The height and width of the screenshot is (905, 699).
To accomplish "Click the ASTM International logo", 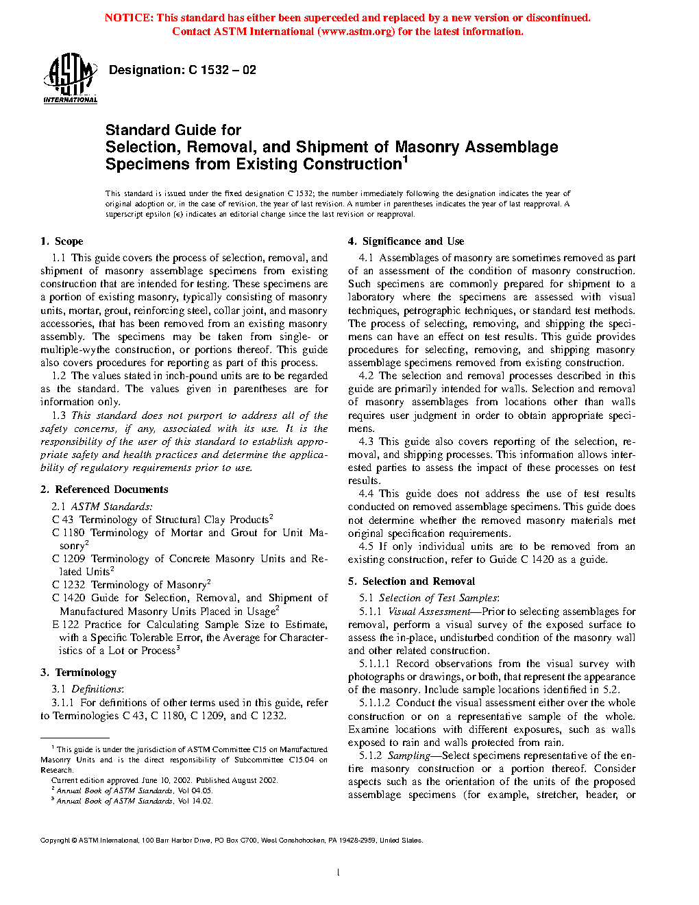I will pyautogui.click(x=70, y=78).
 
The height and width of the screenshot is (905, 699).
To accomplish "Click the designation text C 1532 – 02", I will pyautogui.click(x=222, y=70).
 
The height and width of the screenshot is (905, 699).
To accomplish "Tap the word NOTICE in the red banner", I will pyautogui.click(x=128, y=18).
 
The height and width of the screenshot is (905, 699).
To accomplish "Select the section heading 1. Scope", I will pyautogui.click(x=62, y=241).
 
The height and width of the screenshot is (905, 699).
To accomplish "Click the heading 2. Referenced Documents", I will pyautogui.click(x=104, y=490).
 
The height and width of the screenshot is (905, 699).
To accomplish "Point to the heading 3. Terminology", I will pyautogui.click(x=78, y=673).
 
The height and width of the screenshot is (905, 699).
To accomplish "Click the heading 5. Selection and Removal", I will pyautogui.click(x=411, y=581).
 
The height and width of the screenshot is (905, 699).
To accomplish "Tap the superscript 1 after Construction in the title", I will pyautogui.click(x=405, y=160).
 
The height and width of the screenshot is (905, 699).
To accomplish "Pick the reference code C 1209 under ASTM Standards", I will pyautogui.click(x=69, y=559).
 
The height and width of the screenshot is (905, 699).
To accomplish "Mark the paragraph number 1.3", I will pyautogui.click(x=59, y=415).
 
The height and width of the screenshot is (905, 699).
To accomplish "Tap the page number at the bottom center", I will pyautogui.click(x=339, y=873).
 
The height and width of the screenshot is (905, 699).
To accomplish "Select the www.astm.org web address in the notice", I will pyautogui.click(x=356, y=32).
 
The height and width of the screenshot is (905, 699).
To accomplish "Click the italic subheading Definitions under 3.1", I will pyautogui.click(x=97, y=689).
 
